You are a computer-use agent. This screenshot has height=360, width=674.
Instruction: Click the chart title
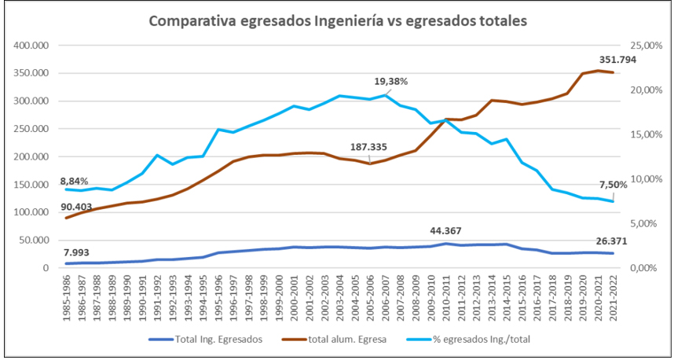point(338,20)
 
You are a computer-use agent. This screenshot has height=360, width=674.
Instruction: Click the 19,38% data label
point(390,81)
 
